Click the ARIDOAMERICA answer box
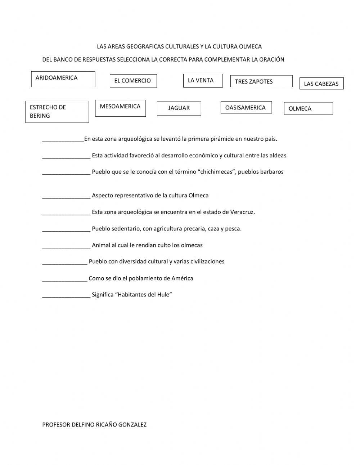[x=63, y=79]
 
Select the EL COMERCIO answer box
[x=133, y=81]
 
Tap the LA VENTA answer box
[x=203, y=80]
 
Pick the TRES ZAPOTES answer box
[x=261, y=81]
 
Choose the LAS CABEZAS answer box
[x=321, y=84]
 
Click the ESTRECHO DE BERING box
[x=57, y=112]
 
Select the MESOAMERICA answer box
[x=120, y=108]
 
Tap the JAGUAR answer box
[x=179, y=108]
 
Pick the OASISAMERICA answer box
[x=246, y=107]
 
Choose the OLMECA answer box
[x=308, y=108]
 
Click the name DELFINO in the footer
[x=81, y=425]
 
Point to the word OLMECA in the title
[x=249, y=46]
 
